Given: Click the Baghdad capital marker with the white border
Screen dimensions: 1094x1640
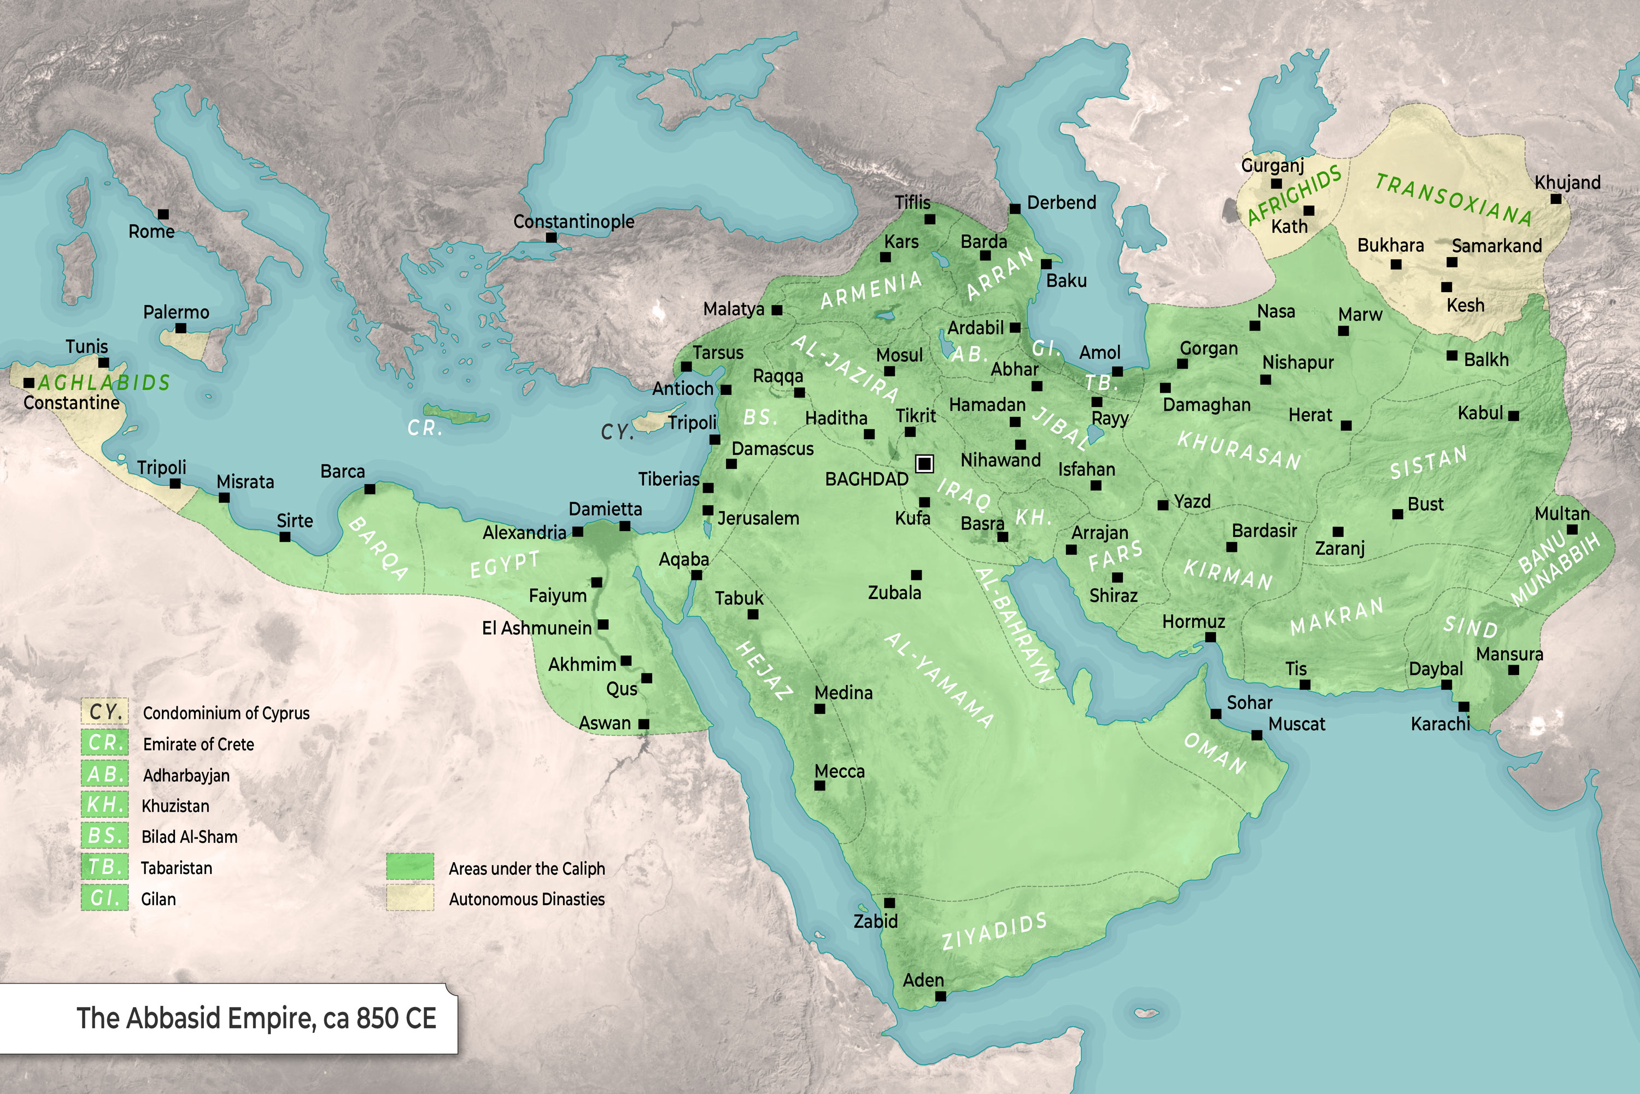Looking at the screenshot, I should pos(924,463).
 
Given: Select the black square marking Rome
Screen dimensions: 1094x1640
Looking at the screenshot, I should pos(163,214).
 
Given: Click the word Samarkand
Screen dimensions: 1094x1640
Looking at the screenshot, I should pos(1496,246).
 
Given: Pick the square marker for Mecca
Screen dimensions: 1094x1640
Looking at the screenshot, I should pos(820,785).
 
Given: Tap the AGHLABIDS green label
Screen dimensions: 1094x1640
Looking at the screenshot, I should pos(104,382).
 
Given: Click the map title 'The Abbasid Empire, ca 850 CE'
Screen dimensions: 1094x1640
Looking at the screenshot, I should pos(256,1018).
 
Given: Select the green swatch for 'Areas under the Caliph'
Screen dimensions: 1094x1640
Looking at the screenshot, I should pos(410,866).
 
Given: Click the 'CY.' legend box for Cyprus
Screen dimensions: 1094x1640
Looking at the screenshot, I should pos(104,712).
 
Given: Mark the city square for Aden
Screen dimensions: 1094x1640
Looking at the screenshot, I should pos(940,996).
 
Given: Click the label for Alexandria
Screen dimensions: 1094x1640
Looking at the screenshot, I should pos(524,533).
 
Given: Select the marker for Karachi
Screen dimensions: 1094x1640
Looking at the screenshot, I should pos(1463,707).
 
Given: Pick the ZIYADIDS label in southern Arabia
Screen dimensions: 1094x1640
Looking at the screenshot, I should pos(994,932).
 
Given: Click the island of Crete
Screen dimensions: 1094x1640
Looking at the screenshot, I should pos(456,416).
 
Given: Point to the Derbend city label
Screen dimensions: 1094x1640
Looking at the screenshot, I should pos(1061,203).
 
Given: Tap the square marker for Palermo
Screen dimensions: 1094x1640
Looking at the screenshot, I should pos(180,328).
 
